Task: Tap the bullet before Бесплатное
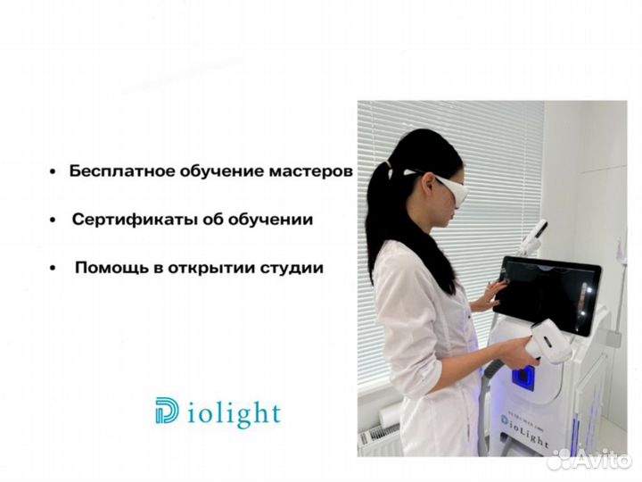tap(54, 171)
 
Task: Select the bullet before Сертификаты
tap(54, 220)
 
